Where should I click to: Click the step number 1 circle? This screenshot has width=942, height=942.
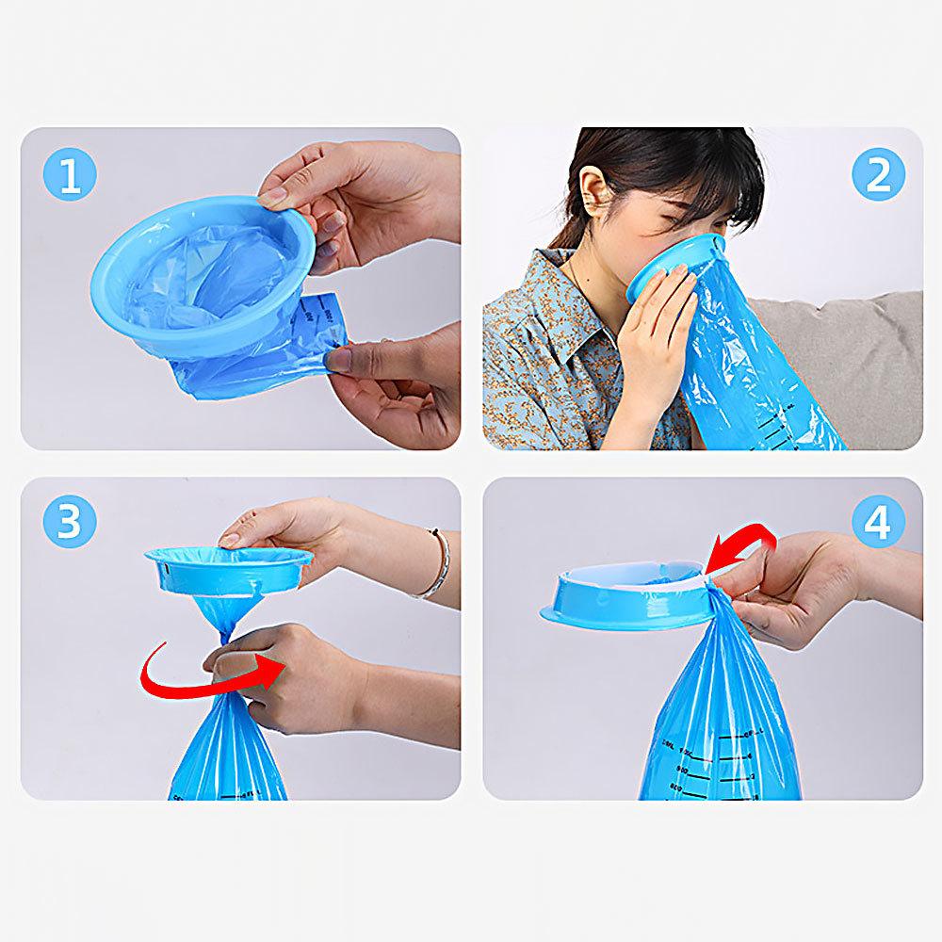[x=70, y=176]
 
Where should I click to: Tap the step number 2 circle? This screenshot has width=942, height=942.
[x=878, y=175]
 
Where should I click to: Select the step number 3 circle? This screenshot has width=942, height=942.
[x=70, y=521]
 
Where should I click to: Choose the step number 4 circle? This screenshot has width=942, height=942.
[x=878, y=521]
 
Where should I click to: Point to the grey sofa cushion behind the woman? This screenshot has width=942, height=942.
[x=848, y=358]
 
